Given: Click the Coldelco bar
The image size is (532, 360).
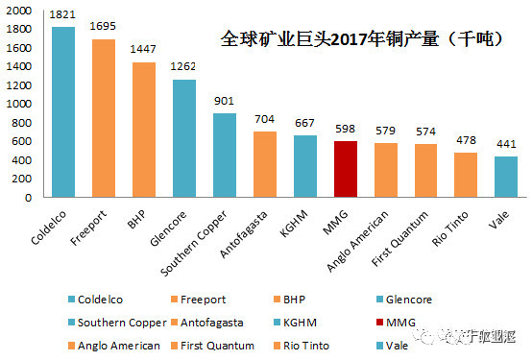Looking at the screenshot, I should pyautogui.click(x=63, y=111).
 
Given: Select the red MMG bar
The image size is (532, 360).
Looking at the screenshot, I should pyautogui.click(x=346, y=169).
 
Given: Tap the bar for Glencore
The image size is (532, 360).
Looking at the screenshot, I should pyautogui.click(x=184, y=138).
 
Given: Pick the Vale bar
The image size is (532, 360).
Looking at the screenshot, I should pyautogui.click(x=506, y=177).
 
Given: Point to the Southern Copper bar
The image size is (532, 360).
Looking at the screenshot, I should pyautogui.click(x=225, y=155).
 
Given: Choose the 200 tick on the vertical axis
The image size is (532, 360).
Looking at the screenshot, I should pyautogui.click(x=24, y=179).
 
